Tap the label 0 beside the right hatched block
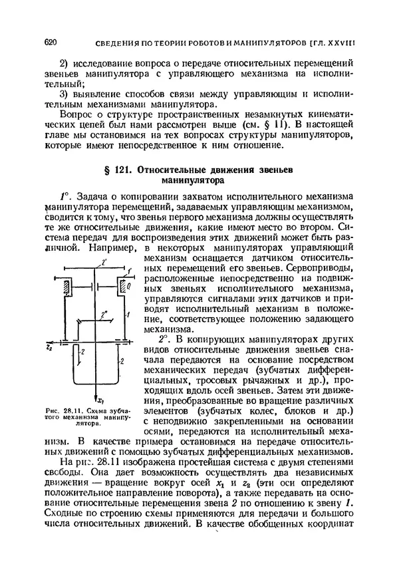click(128, 286)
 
